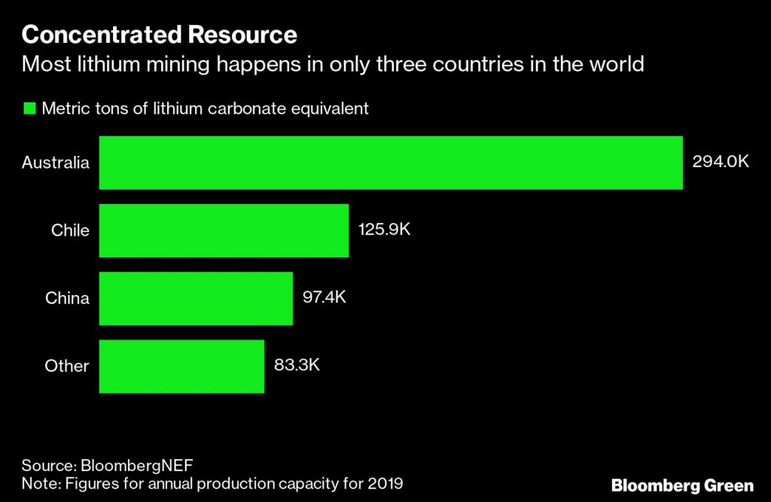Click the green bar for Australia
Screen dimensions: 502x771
[x=391, y=163]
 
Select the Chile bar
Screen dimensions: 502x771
[x=224, y=230]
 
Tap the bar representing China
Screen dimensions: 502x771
[x=196, y=298]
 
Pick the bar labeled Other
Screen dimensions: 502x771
[x=181, y=366]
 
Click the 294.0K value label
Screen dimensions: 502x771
[x=720, y=163]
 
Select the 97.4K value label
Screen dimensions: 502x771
[x=324, y=298]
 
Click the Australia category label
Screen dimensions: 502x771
[x=56, y=163]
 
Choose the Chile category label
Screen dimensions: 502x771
[x=70, y=230]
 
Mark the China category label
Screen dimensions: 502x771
[x=67, y=298]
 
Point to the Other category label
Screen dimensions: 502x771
[x=67, y=366]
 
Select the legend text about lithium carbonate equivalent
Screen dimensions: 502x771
[x=205, y=108]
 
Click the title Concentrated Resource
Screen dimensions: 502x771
[x=159, y=35]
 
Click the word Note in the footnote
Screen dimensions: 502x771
[x=38, y=482]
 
